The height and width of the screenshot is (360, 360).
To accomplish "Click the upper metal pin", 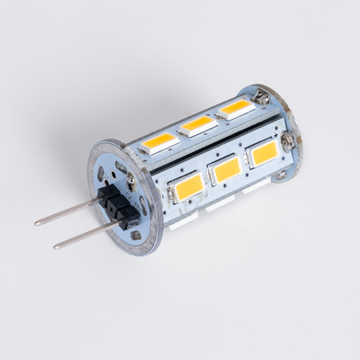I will [72, 210].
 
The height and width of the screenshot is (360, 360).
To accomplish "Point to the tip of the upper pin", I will [37, 223].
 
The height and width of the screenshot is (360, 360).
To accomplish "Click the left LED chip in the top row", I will [160, 140].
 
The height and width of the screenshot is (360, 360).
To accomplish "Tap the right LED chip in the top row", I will [236, 108].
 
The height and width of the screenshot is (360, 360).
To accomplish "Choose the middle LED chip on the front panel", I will [228, 168].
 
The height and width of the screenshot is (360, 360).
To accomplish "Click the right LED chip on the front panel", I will [265, 153].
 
